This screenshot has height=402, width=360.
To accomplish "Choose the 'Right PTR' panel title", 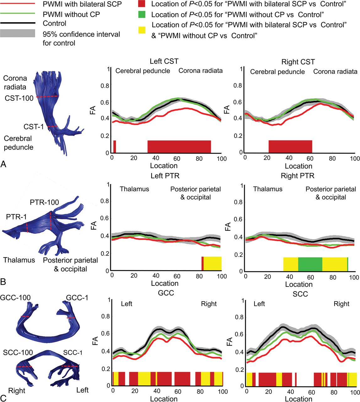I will tap(298, 176).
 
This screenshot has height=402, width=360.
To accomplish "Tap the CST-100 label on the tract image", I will tap(19, 98).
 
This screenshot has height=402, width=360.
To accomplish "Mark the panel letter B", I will tap(3, 282).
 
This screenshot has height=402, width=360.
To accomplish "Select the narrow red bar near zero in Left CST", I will tap(115, 146).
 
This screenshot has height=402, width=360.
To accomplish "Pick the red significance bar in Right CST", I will tap(290, 146).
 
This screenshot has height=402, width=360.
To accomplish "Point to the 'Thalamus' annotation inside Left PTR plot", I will tap(134, 189).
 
